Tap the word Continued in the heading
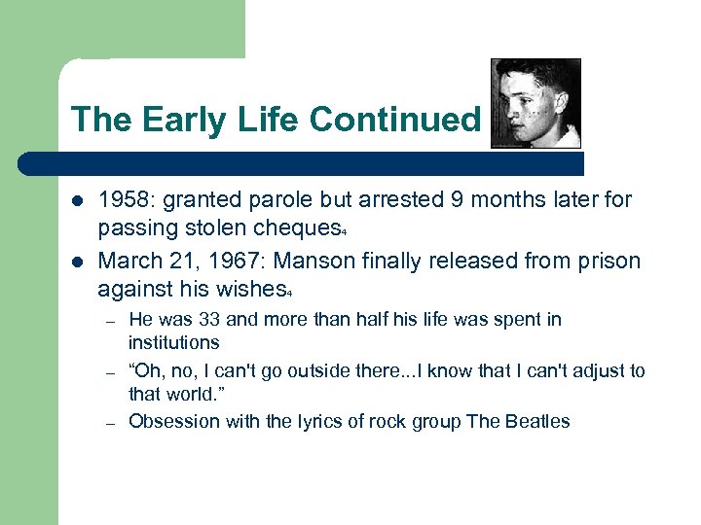coord(395,120)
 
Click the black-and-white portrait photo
coord(535,103)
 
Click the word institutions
coord(174,342)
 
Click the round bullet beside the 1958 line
coord(77,201)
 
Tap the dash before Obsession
coord(112,422)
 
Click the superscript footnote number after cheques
coord(345,234)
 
